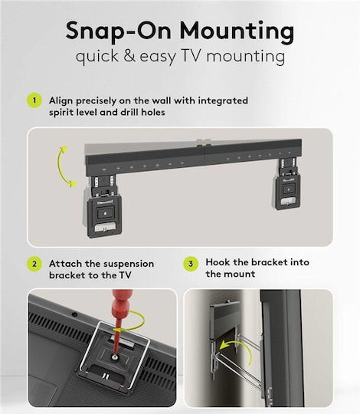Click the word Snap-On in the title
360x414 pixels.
(119, 31)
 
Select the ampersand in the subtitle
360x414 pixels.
(129, 56)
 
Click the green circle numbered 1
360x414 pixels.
(34, 100)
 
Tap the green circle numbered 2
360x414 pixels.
(34, 264)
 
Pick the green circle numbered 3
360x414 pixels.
(191, 264)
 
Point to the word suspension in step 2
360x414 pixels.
(129, 264)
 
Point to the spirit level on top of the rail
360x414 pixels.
(204, 143)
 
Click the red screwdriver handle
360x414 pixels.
(121, 305)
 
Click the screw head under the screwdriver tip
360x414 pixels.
(114, 357)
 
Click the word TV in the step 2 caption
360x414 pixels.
(125, 275)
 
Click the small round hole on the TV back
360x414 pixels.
(74, 314)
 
